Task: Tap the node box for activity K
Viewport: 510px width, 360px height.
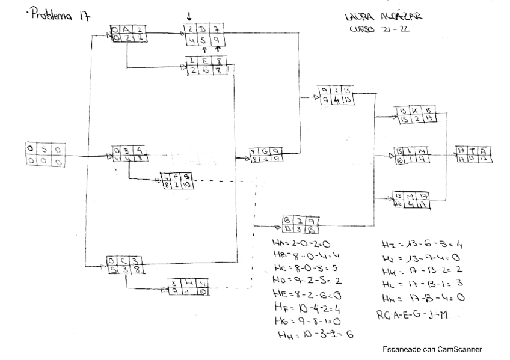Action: (x=413, y=115)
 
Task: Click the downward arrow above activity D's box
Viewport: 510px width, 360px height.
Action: (x=190, y=14)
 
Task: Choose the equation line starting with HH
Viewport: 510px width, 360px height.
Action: (x=313, y=334)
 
